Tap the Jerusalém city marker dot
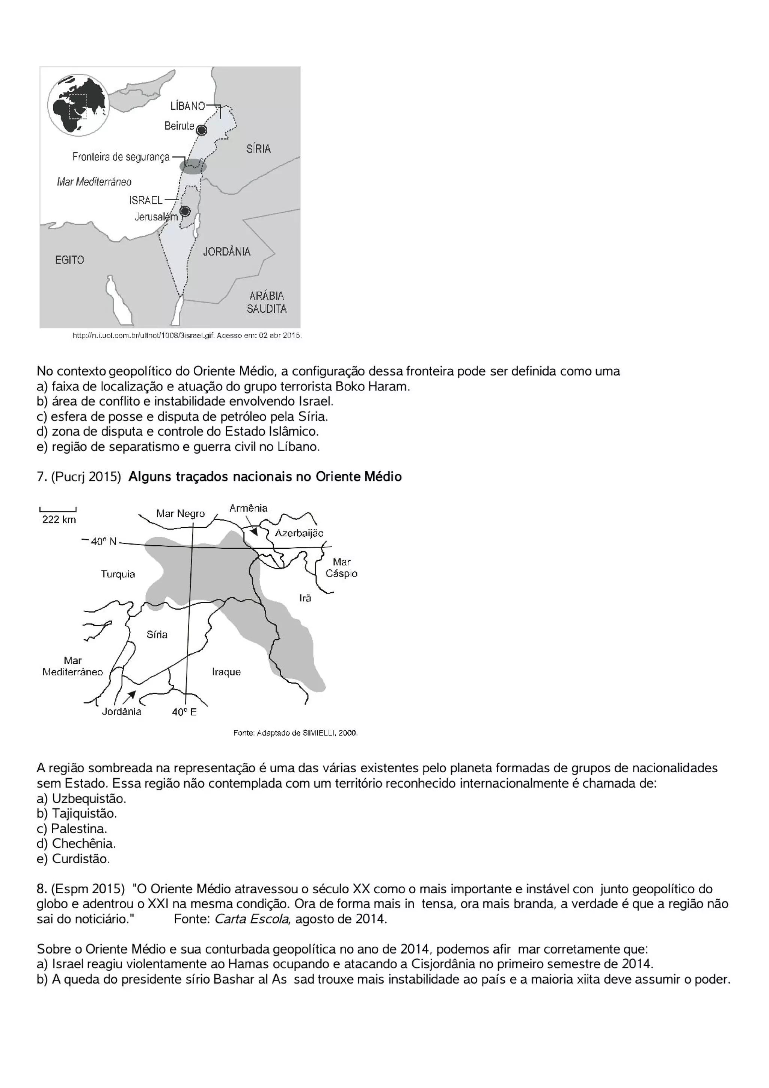185,211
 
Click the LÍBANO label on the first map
187,106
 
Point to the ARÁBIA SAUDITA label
267,302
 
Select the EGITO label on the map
69,260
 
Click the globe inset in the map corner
78,105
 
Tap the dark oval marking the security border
193,166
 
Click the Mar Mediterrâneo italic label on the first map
94,182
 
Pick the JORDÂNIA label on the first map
227,252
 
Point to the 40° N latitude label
103,542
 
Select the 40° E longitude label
184,712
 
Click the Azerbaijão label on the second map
299,533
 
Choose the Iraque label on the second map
226,672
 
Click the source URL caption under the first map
187,336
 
